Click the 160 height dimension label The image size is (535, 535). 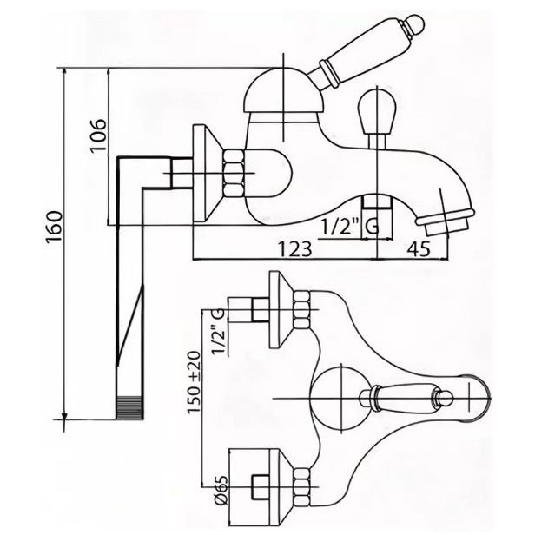55,227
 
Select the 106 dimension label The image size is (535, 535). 98,135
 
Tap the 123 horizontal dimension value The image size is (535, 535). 294,249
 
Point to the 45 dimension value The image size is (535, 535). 419,248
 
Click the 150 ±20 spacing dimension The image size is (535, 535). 194,382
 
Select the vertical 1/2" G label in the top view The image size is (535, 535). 218,332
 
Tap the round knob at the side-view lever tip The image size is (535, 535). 413,24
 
